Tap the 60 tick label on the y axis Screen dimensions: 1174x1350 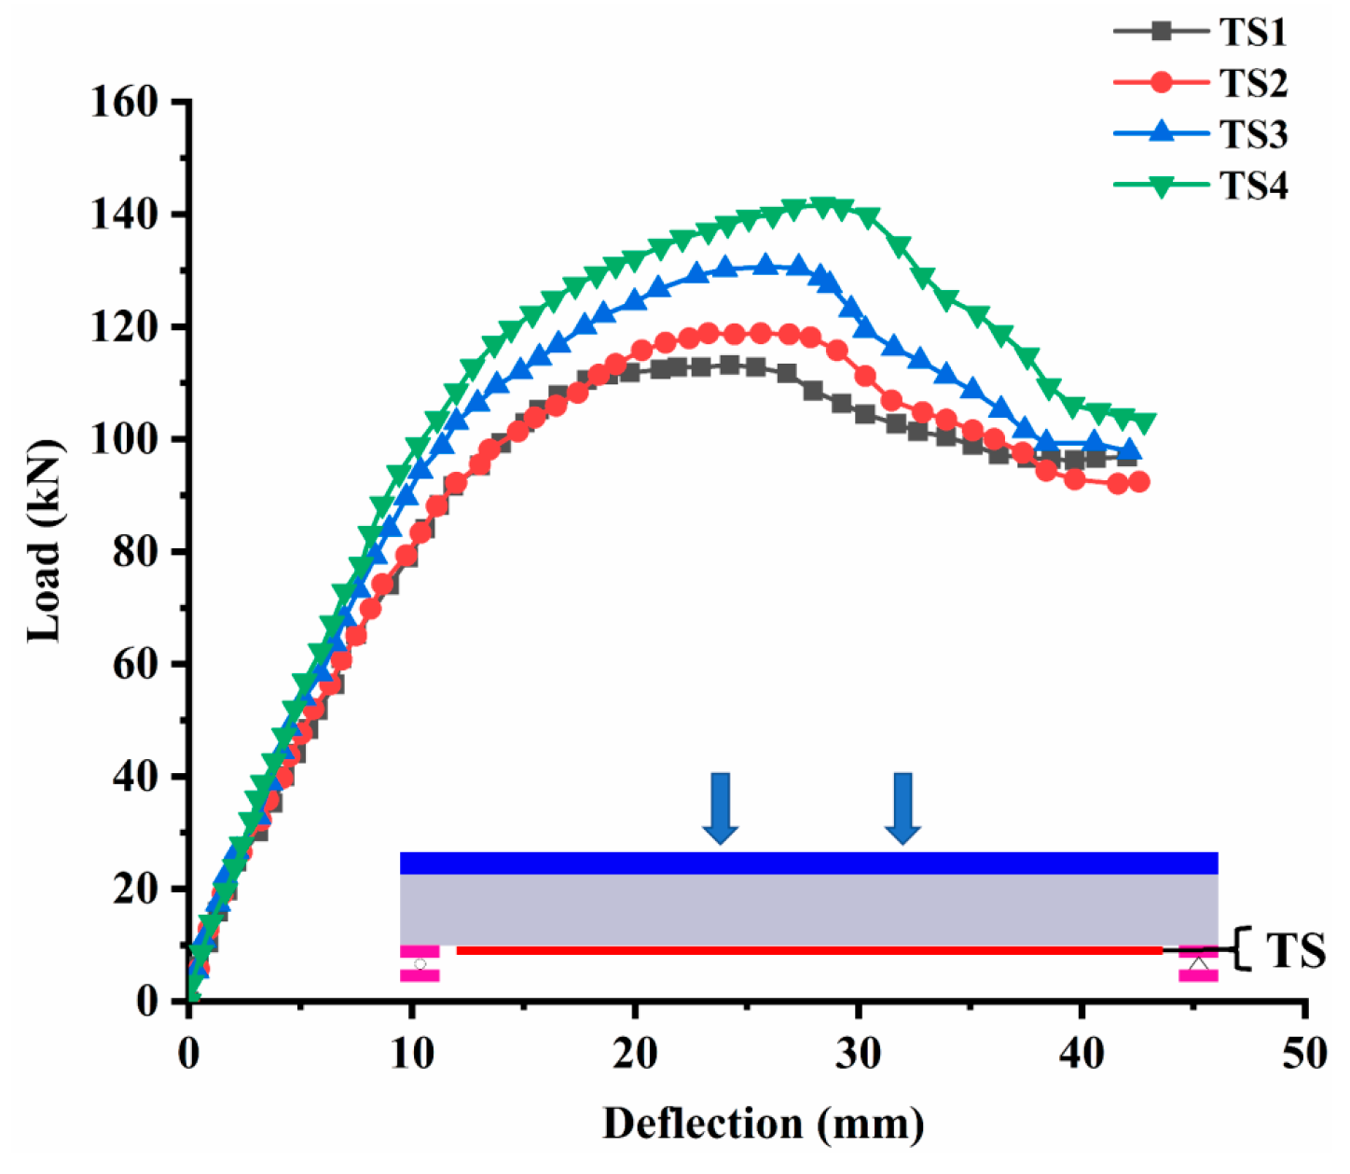pyautogui.click(x=135, y=664)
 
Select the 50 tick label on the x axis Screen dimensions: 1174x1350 pyautogui.click(x=1303, y=1054)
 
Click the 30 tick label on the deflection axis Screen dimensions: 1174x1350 pyautogui.click(x=858, y=1054)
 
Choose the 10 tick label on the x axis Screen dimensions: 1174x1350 pyautogui.click(x=411, y=1054)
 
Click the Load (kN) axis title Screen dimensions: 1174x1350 pyautogui.click(x=44, y=541)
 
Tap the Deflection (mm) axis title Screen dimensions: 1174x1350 pyautogui.click(x=763, y=1124)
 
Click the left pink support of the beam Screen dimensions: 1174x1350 pyautogui.click(x=420, y=963)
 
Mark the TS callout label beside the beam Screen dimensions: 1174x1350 pyautogui.click(x=1295, y=951)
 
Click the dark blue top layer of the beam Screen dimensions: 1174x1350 pyautogui.click(x=808, y=863)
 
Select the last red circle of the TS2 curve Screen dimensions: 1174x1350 pyautogui.click(x=1138, y=482)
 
